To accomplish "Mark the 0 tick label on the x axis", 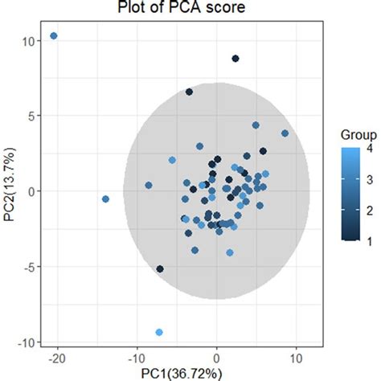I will pyautogui.click(x=216, y=356).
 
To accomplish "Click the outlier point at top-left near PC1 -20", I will pyautogui.click(x=54, y=36).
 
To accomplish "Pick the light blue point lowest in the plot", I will pyautogui.click(x=159, y=332).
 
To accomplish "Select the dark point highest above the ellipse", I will pyautogui.click(x=236, y=59).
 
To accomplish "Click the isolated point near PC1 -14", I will pyautogui.click(x=105, y=199).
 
